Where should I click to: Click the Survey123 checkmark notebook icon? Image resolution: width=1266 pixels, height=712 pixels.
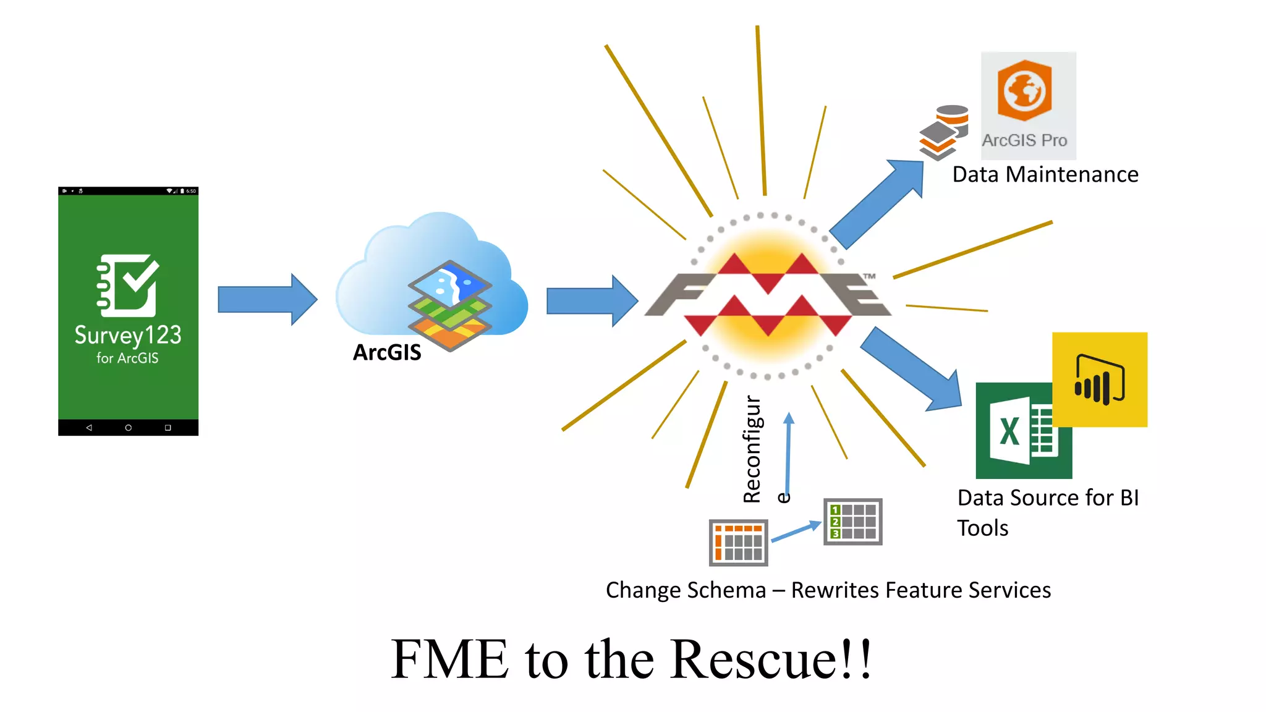[x=128, y=285]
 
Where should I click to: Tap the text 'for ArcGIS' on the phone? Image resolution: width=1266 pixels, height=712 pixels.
[x=127, y=358]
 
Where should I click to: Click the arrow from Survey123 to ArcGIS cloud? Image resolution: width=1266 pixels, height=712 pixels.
[x=267, y=300]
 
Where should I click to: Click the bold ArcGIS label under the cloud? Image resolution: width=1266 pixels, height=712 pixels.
[x=387, y=352]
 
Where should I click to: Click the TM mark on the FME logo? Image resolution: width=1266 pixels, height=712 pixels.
[x=869, y=276]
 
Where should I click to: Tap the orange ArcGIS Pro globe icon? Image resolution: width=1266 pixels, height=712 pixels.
[x=1024, y=91]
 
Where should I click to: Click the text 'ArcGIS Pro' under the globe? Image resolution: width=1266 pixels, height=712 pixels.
[x=1024, y=141]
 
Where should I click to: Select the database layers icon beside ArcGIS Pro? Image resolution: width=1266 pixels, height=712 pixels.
[x=943, y=132]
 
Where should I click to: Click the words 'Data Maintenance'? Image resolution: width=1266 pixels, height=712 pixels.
[x=1045, y=175]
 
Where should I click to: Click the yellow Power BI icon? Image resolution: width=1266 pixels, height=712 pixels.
[x=1100, y=379]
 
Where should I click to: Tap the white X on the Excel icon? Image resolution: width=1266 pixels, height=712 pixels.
[x=1009, y=431]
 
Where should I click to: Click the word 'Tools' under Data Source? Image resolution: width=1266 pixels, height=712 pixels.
[x=982, y=528]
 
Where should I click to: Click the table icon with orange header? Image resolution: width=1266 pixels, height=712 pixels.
[x=738, y=543]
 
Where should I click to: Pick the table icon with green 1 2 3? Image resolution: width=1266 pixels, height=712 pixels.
[x=852, y=522]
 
